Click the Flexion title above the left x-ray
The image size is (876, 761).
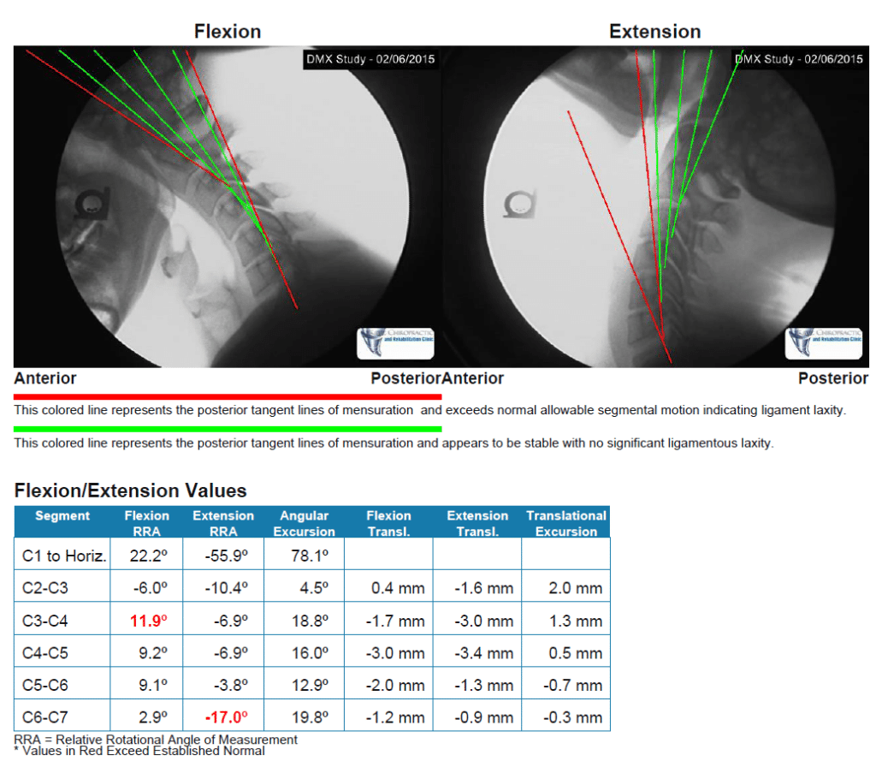click(227, 32)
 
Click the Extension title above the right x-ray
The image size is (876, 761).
click(654, 32)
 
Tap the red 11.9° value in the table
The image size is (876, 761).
click(146, 621)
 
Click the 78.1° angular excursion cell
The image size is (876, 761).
click(304, 556)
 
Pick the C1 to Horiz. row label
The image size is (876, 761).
click(64, 556)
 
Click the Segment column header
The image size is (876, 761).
click(62, 515)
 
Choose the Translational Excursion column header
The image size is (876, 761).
click(565, 523)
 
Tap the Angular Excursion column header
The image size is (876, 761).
click(304, 523)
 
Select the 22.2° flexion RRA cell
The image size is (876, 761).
click(146, 556)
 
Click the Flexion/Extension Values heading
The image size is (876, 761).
click(131, 490)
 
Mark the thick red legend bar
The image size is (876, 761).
click(228, 397)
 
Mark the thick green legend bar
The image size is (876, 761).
click(228, 429)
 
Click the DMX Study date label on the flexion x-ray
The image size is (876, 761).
click(370, 59)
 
